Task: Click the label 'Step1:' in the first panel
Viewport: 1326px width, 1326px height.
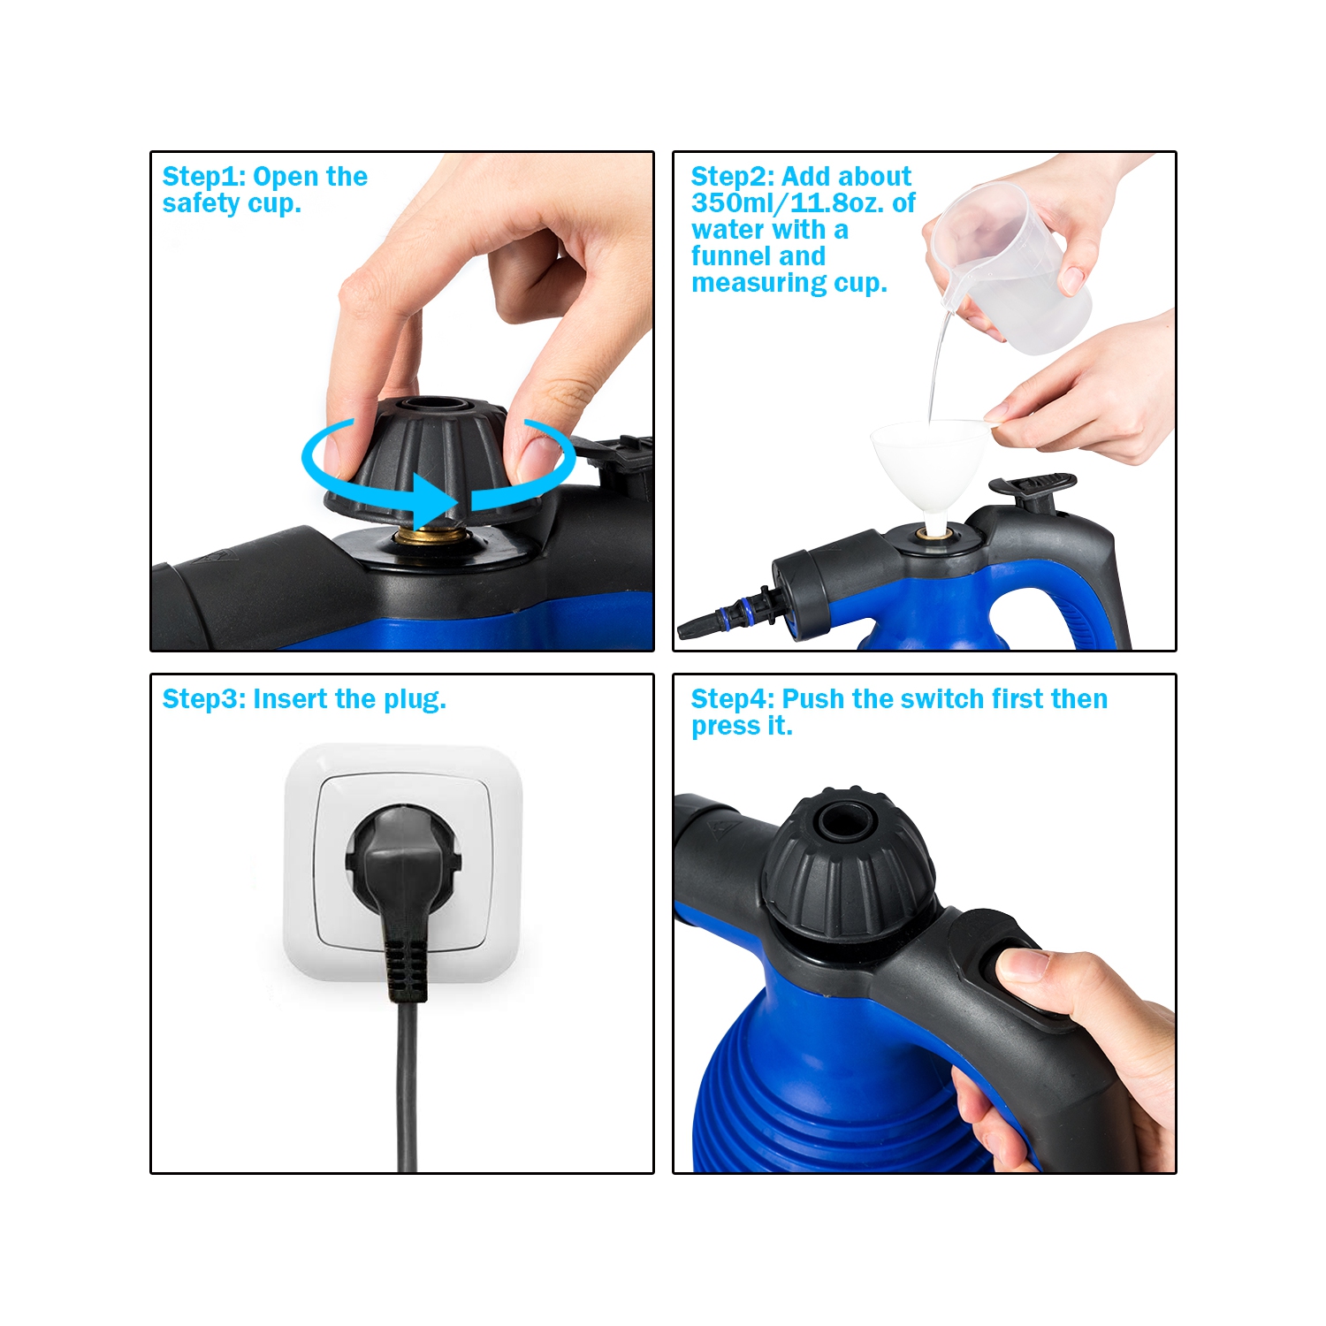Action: (x=204, y=177)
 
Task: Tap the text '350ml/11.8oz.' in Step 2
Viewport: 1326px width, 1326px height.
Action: (x=789, y=203)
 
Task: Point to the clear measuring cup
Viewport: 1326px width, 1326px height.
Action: (x=1017, y=265)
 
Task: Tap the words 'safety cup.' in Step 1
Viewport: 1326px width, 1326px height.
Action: (x=232, y=204)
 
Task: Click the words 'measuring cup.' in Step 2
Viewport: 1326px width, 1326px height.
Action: (x=789, y=283)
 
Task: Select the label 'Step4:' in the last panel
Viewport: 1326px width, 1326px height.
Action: (x=732, y=699)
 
